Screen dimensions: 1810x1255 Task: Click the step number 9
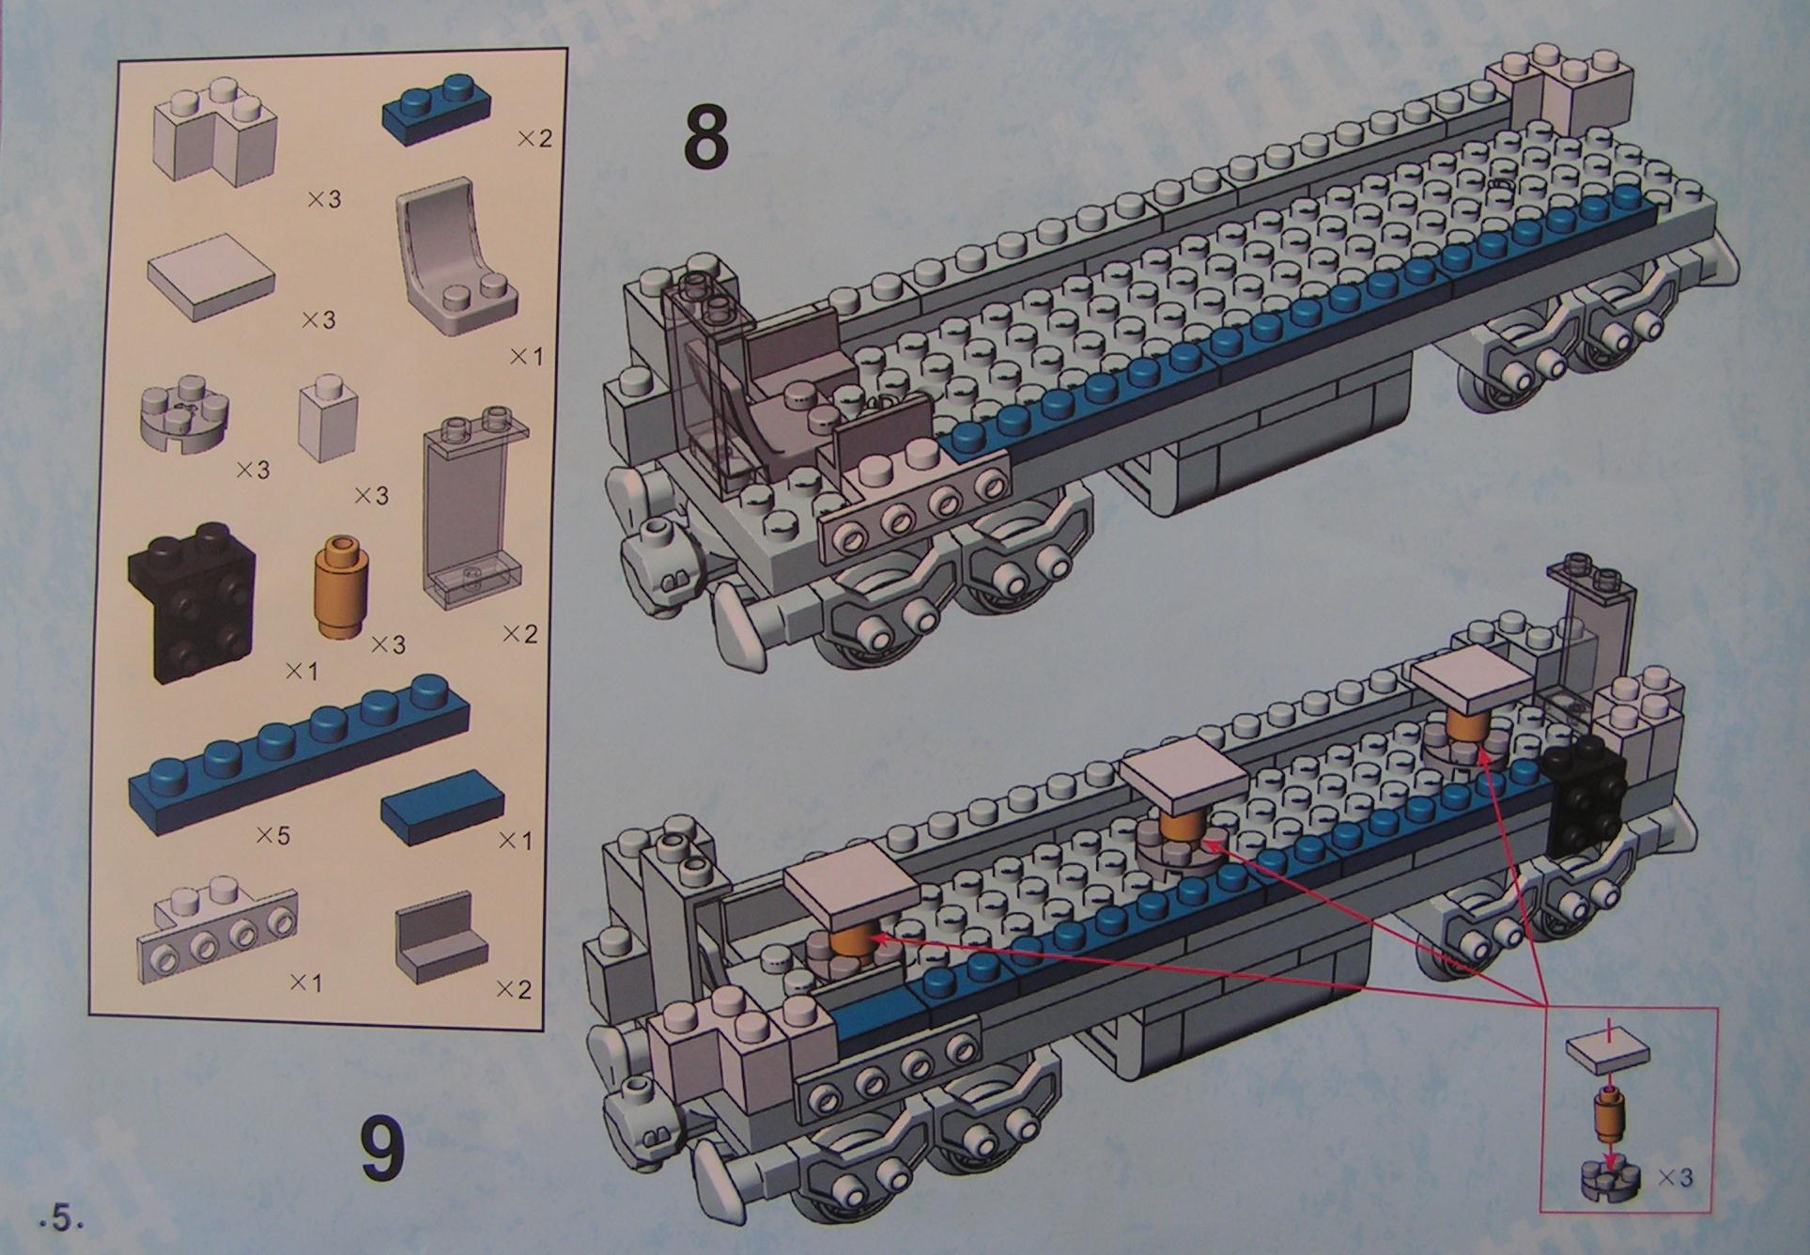point(383,1148)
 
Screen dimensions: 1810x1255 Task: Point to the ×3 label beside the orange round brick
point(388,644)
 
